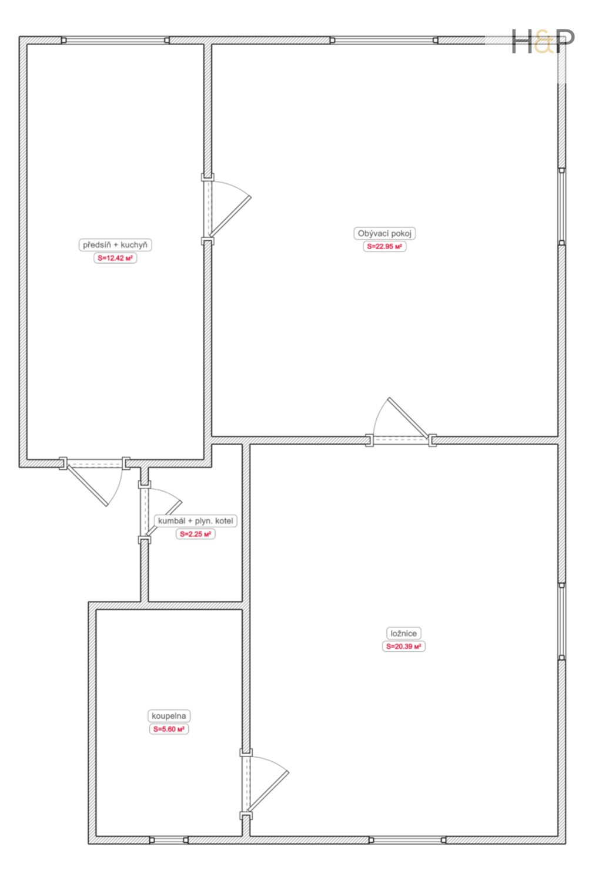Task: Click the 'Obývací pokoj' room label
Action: tap(384, 233)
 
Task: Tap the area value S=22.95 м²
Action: tap(384, 247)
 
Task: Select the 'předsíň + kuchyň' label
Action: tap(115, 245)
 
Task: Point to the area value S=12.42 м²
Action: tap(115, 258)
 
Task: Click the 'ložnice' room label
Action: tap(403, 633)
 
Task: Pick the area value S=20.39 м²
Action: tap(403, 646)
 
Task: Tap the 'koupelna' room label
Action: tap(169, 716)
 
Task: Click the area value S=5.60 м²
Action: tap(169, 729)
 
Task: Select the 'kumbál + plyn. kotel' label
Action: tap(195, 521)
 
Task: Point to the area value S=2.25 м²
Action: tap(195, 534)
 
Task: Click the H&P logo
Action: tap(543, 41)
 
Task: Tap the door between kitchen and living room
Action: tap(226, 209)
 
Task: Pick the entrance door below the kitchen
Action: tap(95, 482)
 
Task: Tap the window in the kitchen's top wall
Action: tap(115, 40)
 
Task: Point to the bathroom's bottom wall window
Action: tap(169, 840)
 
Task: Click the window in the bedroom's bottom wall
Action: tap(407, 840)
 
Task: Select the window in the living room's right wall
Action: tap(562, 207)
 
